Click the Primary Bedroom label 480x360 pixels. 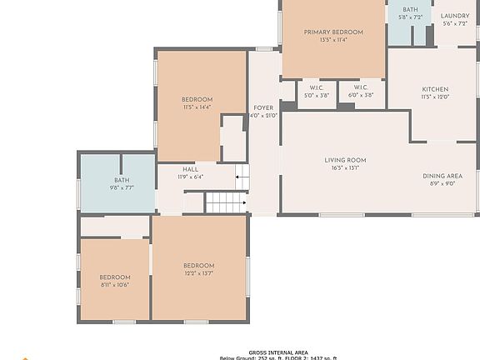(x=333, y=32)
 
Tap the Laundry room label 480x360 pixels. (x=455, y=16)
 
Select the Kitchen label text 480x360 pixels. (x=435, y=89)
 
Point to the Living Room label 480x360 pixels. (x=345, y=160)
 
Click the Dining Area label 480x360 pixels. (x=442, y=176)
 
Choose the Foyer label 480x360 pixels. (x=263, y=107)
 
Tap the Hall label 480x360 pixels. (x=190, y=169)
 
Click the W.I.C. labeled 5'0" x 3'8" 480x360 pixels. (x=316, y=87)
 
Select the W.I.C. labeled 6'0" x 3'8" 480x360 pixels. (x=361, y=87)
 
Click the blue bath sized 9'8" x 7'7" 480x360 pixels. (x=122, y=183)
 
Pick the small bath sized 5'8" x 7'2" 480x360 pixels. (x=410, y=13)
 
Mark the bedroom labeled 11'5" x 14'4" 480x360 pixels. (x=197, y=102)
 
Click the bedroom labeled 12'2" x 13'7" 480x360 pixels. (x=199, y=269)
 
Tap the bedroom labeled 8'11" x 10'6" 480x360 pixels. (x=115, y=281)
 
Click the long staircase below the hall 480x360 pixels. (x=226, y=202)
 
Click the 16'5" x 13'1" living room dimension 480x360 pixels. (x=345, y=167)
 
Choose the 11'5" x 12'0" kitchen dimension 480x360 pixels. (x=435, y=97)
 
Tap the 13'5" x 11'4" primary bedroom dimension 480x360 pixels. (x=333, y=39)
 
